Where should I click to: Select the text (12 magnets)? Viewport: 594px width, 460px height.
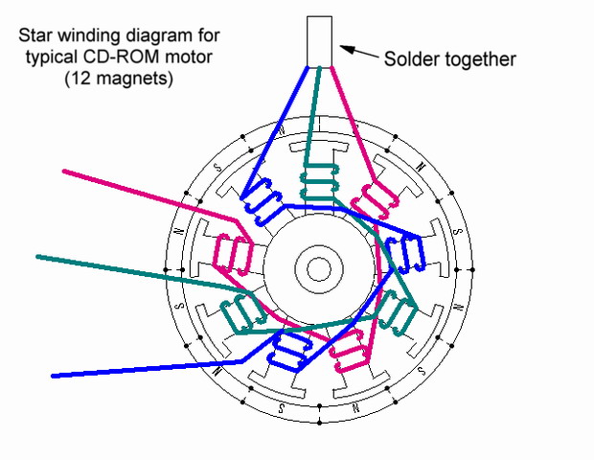(119, 80)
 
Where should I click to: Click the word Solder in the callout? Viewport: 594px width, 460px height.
(410, 59)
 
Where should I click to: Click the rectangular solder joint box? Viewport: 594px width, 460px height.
(320, 41)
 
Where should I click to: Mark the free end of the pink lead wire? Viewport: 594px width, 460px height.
(65, 172)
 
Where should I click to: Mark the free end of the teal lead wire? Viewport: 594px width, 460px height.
(39, 256)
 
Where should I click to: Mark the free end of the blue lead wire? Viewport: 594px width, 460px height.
(55, 375)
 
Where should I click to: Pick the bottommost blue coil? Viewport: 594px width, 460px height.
(288, 348)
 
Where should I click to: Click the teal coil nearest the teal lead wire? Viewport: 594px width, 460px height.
(242, 310)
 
